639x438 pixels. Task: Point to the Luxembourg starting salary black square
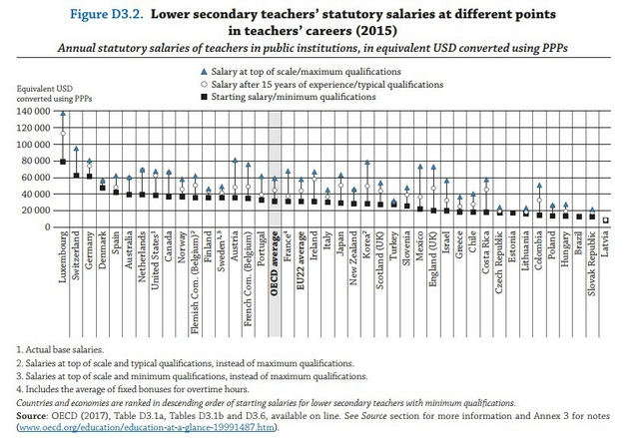(62, 162)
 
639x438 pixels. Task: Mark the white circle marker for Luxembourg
(62, 133)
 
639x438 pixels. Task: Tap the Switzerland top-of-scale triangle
(76, 149)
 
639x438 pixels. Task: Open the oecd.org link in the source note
(141, 427)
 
